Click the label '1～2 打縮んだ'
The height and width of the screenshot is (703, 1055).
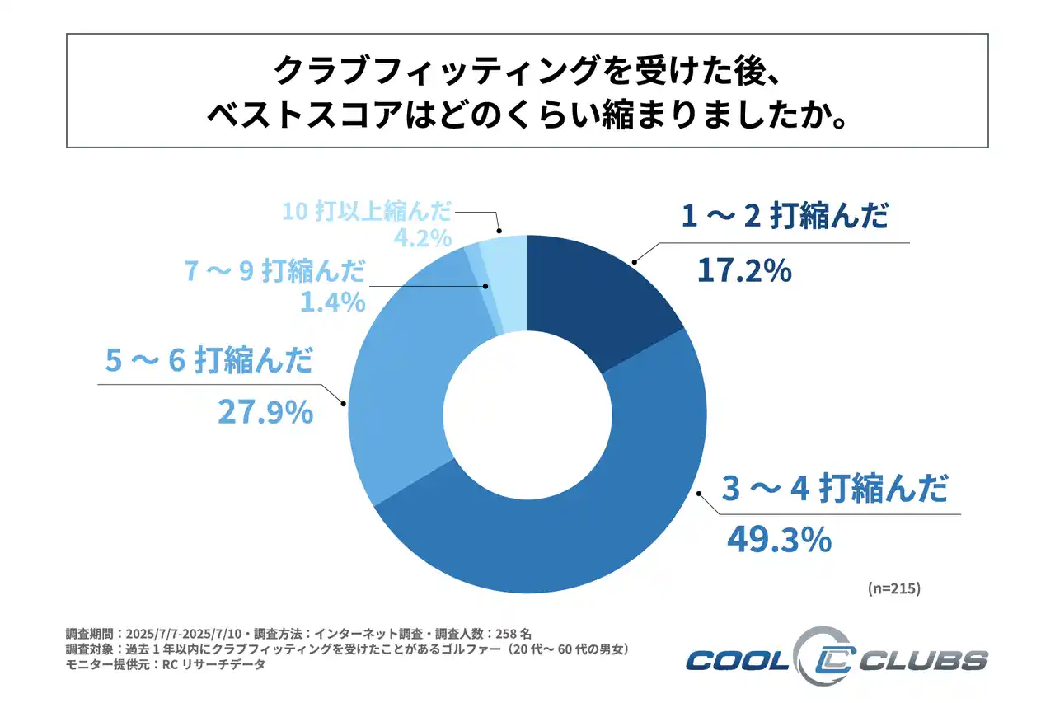785,218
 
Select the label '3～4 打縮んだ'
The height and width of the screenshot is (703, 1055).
834,490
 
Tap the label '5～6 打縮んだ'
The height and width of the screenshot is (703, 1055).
209,363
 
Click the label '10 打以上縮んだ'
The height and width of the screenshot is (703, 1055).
367,211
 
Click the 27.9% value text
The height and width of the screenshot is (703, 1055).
265,411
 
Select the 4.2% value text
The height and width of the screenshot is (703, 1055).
422,238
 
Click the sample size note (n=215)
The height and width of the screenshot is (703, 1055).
893,589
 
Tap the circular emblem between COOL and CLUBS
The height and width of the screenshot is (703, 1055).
820,658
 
